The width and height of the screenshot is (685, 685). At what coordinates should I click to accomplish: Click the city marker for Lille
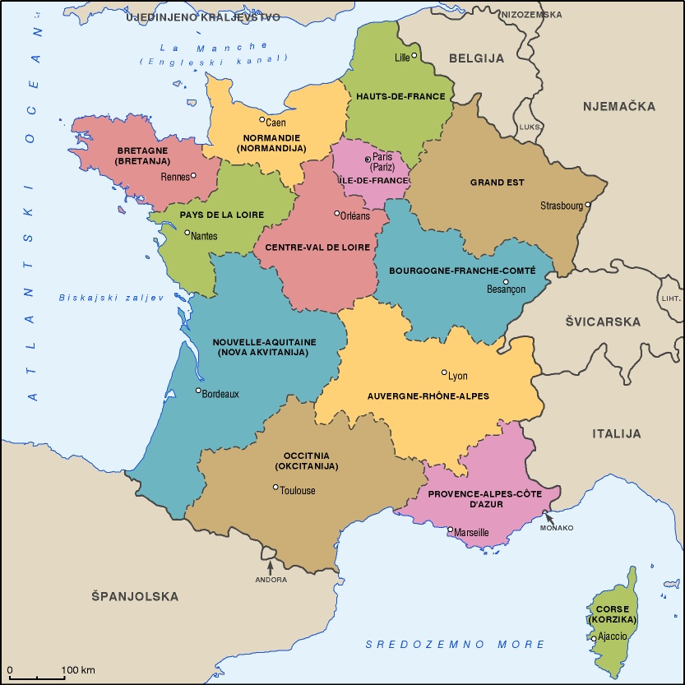[414, 56]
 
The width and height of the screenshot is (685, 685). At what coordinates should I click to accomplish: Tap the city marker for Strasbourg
[588, 205]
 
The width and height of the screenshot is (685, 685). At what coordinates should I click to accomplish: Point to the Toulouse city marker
[275, 488]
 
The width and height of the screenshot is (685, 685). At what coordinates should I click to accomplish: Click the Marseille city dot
[450, 530]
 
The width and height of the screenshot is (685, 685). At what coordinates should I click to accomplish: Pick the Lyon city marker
[444, 372]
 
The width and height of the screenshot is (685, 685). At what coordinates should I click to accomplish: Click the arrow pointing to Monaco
[549, 517]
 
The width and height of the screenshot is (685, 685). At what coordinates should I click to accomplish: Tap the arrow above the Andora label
[270, 566]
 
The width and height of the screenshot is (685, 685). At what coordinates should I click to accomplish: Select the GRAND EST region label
[498, 183]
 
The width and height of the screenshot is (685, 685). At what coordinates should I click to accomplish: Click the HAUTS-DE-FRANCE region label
[400, 96]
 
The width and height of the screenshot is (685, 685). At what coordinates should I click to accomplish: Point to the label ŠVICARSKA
[602, 322]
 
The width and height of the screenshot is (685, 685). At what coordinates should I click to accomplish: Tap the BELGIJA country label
[476, 58]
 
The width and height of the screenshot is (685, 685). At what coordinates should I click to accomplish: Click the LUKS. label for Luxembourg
[530, 127]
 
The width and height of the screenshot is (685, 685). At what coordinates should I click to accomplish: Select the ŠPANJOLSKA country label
[135, 596]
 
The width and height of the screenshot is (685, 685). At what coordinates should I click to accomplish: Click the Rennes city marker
[193, 175]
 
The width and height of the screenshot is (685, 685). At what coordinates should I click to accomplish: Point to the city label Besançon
[506, 289]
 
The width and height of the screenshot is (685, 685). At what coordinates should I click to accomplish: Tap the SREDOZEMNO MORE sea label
[455, 645]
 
